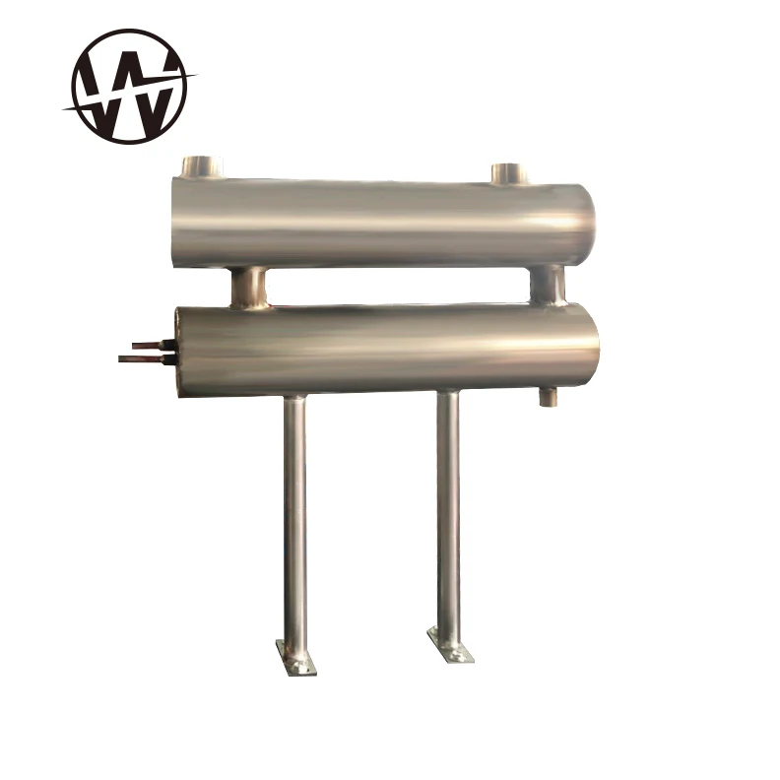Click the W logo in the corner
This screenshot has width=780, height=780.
129,85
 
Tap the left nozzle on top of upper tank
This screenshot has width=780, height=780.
202,166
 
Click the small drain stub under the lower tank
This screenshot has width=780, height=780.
547,396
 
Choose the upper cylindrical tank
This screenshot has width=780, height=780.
384,222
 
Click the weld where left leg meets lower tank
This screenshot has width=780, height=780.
293,397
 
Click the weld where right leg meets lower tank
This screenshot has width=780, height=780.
447,393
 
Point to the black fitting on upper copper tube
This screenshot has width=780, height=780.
169,345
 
